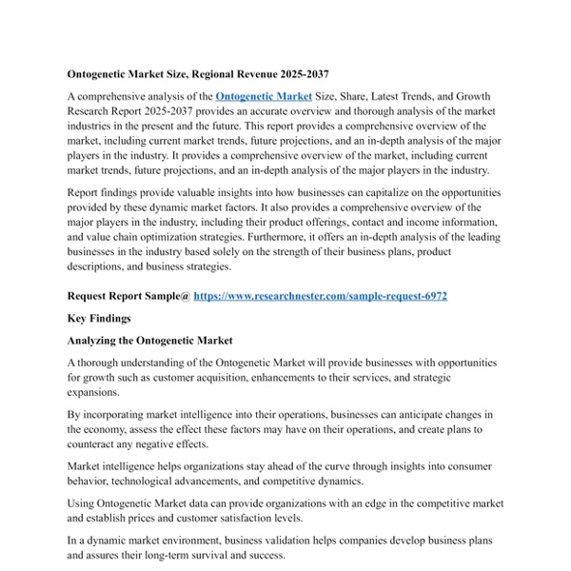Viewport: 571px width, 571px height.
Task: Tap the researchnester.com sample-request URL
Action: [320, 296]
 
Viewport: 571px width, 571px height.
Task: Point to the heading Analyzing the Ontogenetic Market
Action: [150, 340]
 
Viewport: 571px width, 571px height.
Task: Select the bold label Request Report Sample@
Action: [128, 296]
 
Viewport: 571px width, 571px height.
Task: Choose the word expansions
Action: [94, 392]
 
